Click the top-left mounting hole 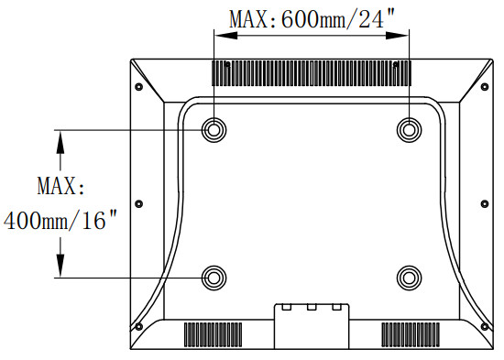click(x=214, y=129)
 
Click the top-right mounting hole click(x=409, y=129)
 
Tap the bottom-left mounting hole click(x=214, y=277)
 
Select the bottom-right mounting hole click(x=409, y=277)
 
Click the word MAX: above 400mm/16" click(x=60, y=187)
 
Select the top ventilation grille click(x=311, y=70)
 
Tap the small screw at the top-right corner click(x=483, y=87)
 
